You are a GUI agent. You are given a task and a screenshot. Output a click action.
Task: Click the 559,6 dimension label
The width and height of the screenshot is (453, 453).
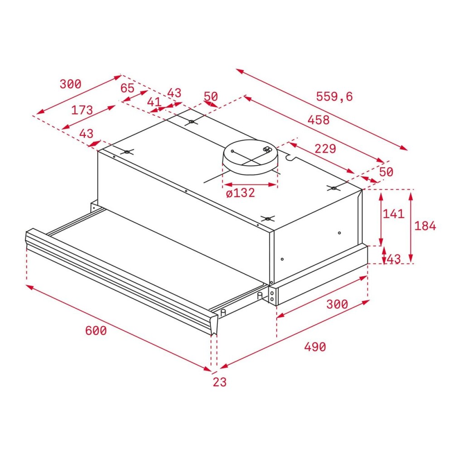(x=334, y=96)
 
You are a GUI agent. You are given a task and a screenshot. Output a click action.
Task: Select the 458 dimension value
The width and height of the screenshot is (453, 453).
(x=318, y=120)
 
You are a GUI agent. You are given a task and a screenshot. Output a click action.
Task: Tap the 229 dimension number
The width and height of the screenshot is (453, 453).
(x=325, y=149)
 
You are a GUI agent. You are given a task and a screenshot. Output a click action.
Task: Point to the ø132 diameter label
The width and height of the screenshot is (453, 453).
(x=240, y=193)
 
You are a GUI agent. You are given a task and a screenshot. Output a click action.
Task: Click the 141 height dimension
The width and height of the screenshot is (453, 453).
(x=393, y=213)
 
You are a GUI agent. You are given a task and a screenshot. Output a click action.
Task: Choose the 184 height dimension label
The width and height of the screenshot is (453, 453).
(x=425, y=226)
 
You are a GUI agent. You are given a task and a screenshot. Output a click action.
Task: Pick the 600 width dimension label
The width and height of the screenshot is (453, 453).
(x=96, y=331)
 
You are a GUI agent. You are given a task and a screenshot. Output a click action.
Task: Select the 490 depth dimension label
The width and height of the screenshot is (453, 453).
(x=315, y=347)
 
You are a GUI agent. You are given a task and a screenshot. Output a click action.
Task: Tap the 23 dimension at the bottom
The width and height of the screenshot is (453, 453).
(x=219, y=382)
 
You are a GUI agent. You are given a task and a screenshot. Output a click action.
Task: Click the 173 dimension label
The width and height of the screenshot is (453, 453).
(x=82, y=110)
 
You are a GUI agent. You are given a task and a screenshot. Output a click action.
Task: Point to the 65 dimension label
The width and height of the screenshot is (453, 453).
(x=127, y=88)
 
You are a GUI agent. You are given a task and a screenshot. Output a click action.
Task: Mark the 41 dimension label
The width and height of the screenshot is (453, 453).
(x=154, y=102)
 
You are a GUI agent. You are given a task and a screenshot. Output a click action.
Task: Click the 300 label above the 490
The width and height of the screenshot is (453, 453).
(x=337, y=304)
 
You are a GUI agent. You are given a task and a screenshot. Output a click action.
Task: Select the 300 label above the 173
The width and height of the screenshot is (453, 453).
(x=70, y=84)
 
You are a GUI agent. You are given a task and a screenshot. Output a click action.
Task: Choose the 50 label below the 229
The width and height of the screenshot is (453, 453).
(x=386, y=172)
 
